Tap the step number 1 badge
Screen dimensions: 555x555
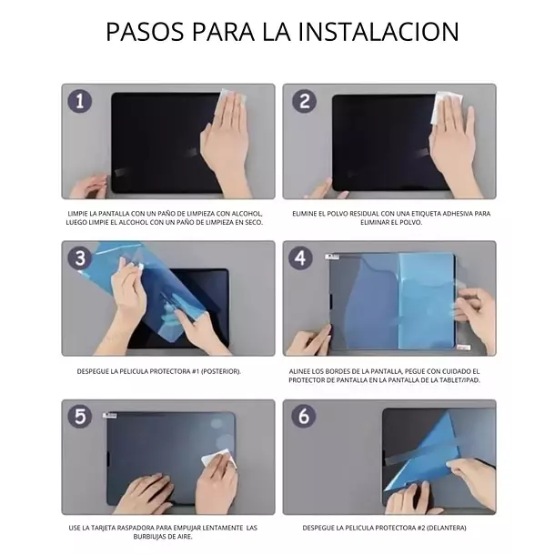tap(81, 101)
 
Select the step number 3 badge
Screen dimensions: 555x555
tap(81, 257)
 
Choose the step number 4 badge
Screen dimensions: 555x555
tap(301, 257)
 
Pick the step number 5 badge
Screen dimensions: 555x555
tap(81, 416)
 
